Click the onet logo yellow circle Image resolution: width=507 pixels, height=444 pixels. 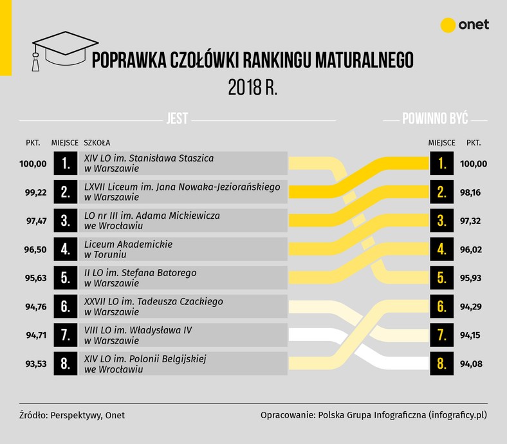tap(448, 25)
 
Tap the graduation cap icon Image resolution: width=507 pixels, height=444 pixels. tap(65, 51)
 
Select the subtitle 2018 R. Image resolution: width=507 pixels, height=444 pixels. tap(253, 88)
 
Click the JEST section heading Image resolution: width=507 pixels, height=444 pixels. tap(177, 118)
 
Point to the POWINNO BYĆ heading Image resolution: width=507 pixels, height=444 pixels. tap(435, 118)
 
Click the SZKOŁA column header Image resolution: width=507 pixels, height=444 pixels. tap(97, 143)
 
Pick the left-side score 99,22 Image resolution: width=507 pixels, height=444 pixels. tap(36, 192)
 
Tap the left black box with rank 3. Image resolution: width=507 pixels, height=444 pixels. tap(66, 221)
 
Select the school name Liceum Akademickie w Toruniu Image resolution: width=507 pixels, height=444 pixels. tap(129, 249)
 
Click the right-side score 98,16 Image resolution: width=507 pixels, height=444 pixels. tap(470, 192)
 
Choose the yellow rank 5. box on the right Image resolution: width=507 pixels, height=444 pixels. tap(441, 278)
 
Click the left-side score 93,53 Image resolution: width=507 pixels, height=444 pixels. tap(36, 364)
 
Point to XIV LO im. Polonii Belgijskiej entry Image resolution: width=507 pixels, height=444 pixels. tap(145, 364)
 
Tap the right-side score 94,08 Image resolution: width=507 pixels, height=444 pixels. tap(471, 364)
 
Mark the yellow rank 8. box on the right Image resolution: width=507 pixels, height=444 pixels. tap(441, 364)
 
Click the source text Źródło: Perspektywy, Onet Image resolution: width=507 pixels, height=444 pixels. tap(72, 415)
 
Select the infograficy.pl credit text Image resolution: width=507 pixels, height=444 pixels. tap(374, 415)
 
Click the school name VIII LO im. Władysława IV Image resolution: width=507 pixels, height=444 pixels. tap(138, 330)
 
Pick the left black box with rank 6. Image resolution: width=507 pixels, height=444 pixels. tap(66, 306)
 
